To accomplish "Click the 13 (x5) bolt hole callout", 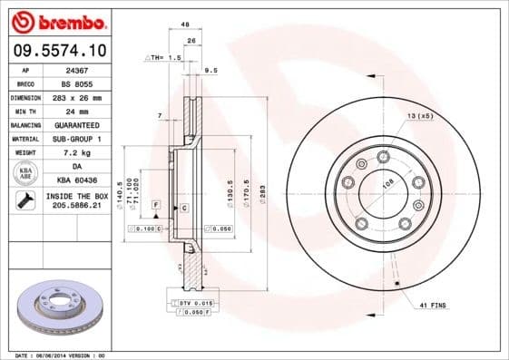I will (420, 117).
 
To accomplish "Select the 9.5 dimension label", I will (211, 70).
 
